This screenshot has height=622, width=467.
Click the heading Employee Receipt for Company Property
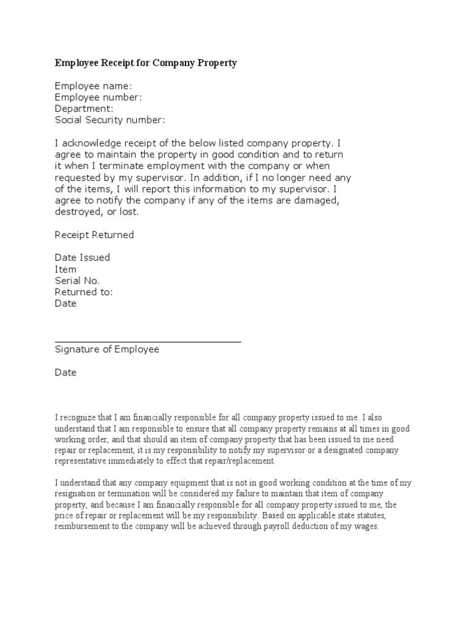click(x=146, y=63)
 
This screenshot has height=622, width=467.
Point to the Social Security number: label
click(x=110, y=120)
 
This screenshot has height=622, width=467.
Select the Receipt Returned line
click(x=94, y=235)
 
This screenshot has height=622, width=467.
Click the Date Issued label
click(x=83, y=258)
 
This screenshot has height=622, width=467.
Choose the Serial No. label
click(x=77, y=281)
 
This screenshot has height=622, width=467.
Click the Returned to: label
click(x=84, y=292)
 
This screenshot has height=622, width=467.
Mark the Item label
click(x=66, y=269)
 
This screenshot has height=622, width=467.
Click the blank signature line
click(x=148, y=342)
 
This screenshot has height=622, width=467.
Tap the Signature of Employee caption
click(x=107, y=349)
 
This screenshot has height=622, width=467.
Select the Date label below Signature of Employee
click(x=66, y=372)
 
